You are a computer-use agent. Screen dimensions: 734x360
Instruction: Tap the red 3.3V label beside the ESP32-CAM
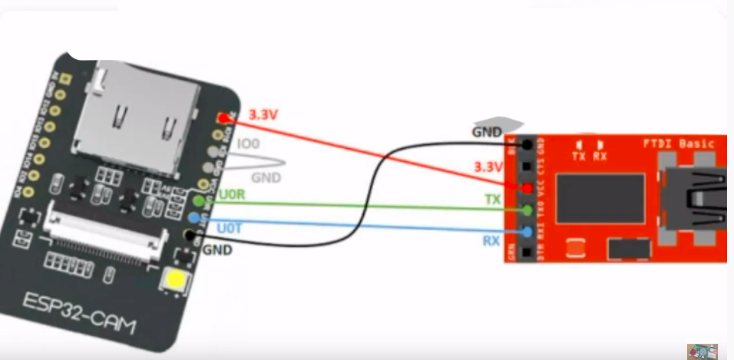263,115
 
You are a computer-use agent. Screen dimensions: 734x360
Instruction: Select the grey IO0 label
248,144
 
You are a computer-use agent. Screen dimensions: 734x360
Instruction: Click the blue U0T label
230,228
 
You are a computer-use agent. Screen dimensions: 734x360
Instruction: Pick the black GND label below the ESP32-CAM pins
217,250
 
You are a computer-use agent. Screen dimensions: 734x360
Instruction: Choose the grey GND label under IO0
266,177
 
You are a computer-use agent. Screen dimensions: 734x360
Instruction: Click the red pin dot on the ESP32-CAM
222,117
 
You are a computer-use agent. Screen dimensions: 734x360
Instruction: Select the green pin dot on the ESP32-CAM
200,201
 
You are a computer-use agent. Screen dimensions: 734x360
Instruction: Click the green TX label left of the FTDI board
492,198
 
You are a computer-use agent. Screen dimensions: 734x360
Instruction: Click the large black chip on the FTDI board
600,198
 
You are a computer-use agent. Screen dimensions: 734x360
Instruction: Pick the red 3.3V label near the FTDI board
488,167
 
